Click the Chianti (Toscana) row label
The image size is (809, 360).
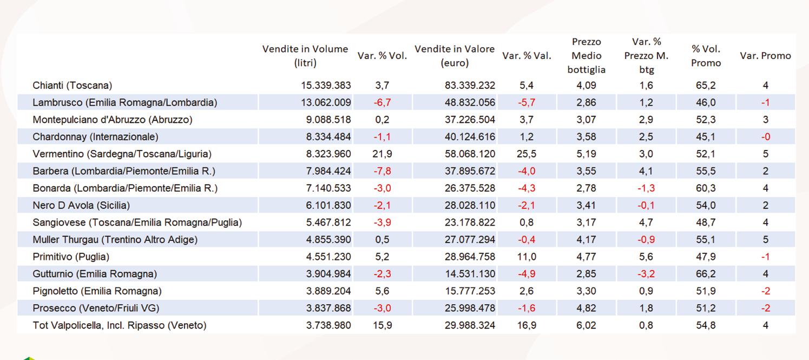72,86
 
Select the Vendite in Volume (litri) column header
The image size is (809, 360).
305,56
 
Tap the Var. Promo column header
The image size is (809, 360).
765,56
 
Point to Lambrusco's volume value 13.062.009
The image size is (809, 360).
326,103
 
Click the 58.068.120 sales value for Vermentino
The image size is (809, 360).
470,154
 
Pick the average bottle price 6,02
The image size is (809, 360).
586,325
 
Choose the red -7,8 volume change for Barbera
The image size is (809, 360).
382,172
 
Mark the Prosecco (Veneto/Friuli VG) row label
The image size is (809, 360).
95,309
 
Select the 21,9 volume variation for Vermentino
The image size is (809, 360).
382,154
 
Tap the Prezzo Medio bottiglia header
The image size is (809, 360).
586,56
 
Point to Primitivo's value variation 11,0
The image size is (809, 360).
527,257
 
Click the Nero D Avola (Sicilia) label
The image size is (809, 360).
81,206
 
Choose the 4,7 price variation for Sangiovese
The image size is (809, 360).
646,222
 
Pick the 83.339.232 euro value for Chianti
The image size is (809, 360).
470,86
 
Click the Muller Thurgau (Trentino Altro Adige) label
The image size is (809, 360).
115,240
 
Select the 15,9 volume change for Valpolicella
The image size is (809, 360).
382,325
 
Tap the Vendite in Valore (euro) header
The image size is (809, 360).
455,56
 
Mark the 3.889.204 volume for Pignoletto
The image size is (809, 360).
328,291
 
